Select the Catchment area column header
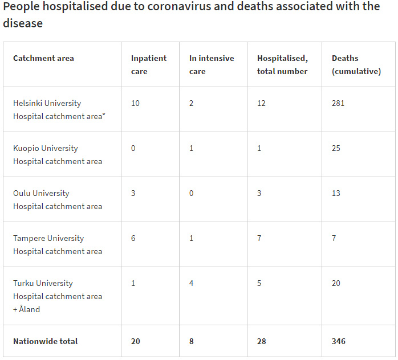click(x=43, y=58)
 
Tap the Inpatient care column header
click(x=149, y=64)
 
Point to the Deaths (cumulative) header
click(x=356, y=64)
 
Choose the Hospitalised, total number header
click(x=282, y=64)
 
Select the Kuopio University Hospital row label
click(x=58, y=154)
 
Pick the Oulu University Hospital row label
click(x=58, y=199)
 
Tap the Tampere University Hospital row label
click(x=58, y=244)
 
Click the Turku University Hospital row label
click(x=58, y=296)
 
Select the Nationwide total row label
click(x=46, y=341)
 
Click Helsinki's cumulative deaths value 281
click(x=338, y=103)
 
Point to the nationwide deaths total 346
click(x=339, y=341)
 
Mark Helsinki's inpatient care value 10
click(x=135, y=103)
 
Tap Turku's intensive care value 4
click(x=192, y=283)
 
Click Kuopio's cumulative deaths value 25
click(x=336, y=148)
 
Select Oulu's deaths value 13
click(x=336, y=193)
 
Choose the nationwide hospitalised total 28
click(x=262, y=341)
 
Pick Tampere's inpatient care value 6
click(x=133, y=238)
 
